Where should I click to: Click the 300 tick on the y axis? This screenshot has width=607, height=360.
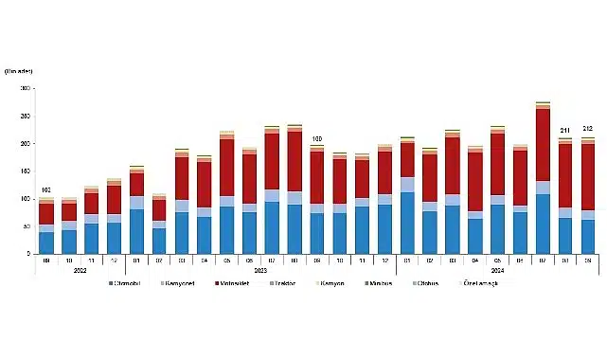click(x=27, y=88)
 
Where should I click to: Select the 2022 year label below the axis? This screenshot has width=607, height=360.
click(x=81, y=271)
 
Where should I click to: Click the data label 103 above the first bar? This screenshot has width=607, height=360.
click(x=45, y=190)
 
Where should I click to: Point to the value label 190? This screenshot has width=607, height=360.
click(x=317, y=139)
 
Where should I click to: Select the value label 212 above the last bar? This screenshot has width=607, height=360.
click(x=587, y=129)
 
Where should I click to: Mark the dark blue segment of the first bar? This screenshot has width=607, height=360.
click(x=45, y=243)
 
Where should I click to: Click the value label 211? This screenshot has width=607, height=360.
click(x=565, y=130)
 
